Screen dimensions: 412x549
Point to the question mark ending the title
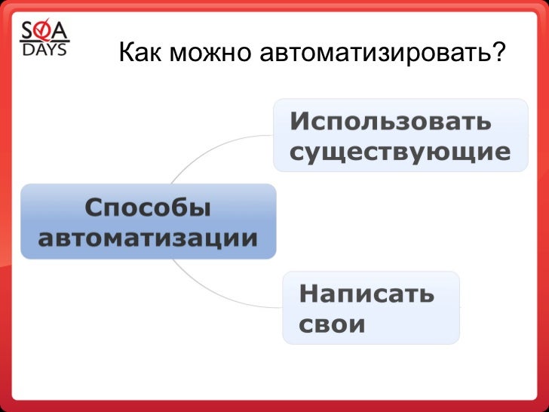point(496,53)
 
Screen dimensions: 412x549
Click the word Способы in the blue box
point(148,208)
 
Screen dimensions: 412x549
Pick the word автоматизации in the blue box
point(148,239)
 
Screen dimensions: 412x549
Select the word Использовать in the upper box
point(391,121)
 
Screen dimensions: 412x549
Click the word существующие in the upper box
point(400,152)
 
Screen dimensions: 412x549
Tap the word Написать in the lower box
point(367,293)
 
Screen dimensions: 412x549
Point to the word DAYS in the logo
point(44,50)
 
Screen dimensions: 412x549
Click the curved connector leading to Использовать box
point(211,151)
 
